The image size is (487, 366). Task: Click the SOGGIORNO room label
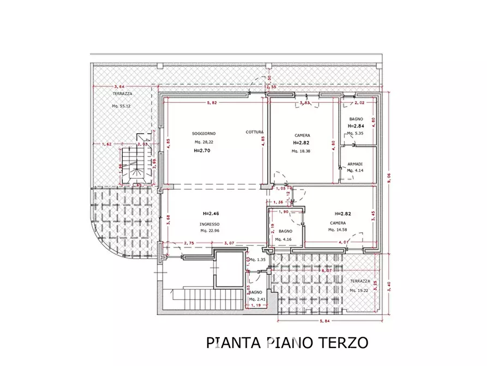pyautogui.click(x=205, y=133)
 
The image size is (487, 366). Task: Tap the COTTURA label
pyautogui.click(x=255, y=132)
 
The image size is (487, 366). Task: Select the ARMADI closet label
pyautogui.click(x=355, y=163)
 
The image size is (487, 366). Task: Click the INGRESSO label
pyautogui.click(x=209, y=224)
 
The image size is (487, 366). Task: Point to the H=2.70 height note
pyautogui.click(x=203, y=151)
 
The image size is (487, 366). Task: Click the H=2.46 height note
pyautogui.click(x=211, y=214)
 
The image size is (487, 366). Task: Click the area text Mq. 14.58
pyautogui.click(x=339, y=230)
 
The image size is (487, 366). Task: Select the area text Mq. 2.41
pyautogui.click(x=257, y=299)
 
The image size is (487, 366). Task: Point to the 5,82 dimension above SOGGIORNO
pyautogui.click(x=213, y=103)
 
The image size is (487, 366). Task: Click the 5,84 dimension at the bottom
pyautogui.click(x=326, y=321)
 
